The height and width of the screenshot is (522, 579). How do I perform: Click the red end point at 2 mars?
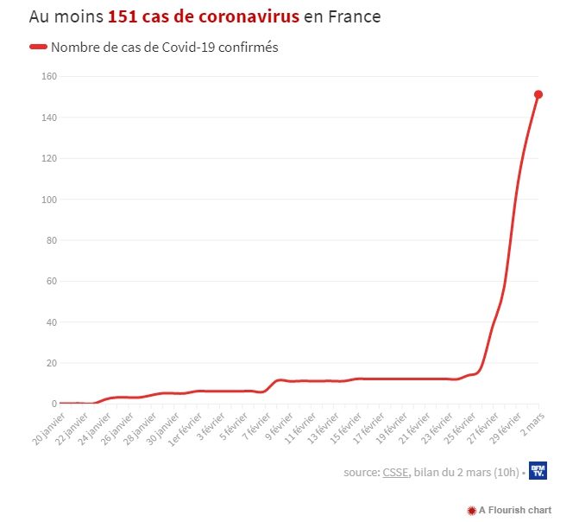[x=538, y=94]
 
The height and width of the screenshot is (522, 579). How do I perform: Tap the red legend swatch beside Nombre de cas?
[x=38, y=48]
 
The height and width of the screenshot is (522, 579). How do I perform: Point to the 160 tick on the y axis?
[x=49, y=76]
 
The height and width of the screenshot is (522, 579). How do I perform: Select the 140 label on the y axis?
[x=49, y=118]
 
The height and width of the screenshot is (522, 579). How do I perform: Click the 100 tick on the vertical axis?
[x=49, y=200]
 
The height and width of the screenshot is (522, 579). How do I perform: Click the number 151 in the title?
[x=128, y=17]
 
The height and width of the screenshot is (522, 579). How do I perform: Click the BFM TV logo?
[x=537, y=470]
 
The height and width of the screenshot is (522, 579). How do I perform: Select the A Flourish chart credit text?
[x=510, y=511]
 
